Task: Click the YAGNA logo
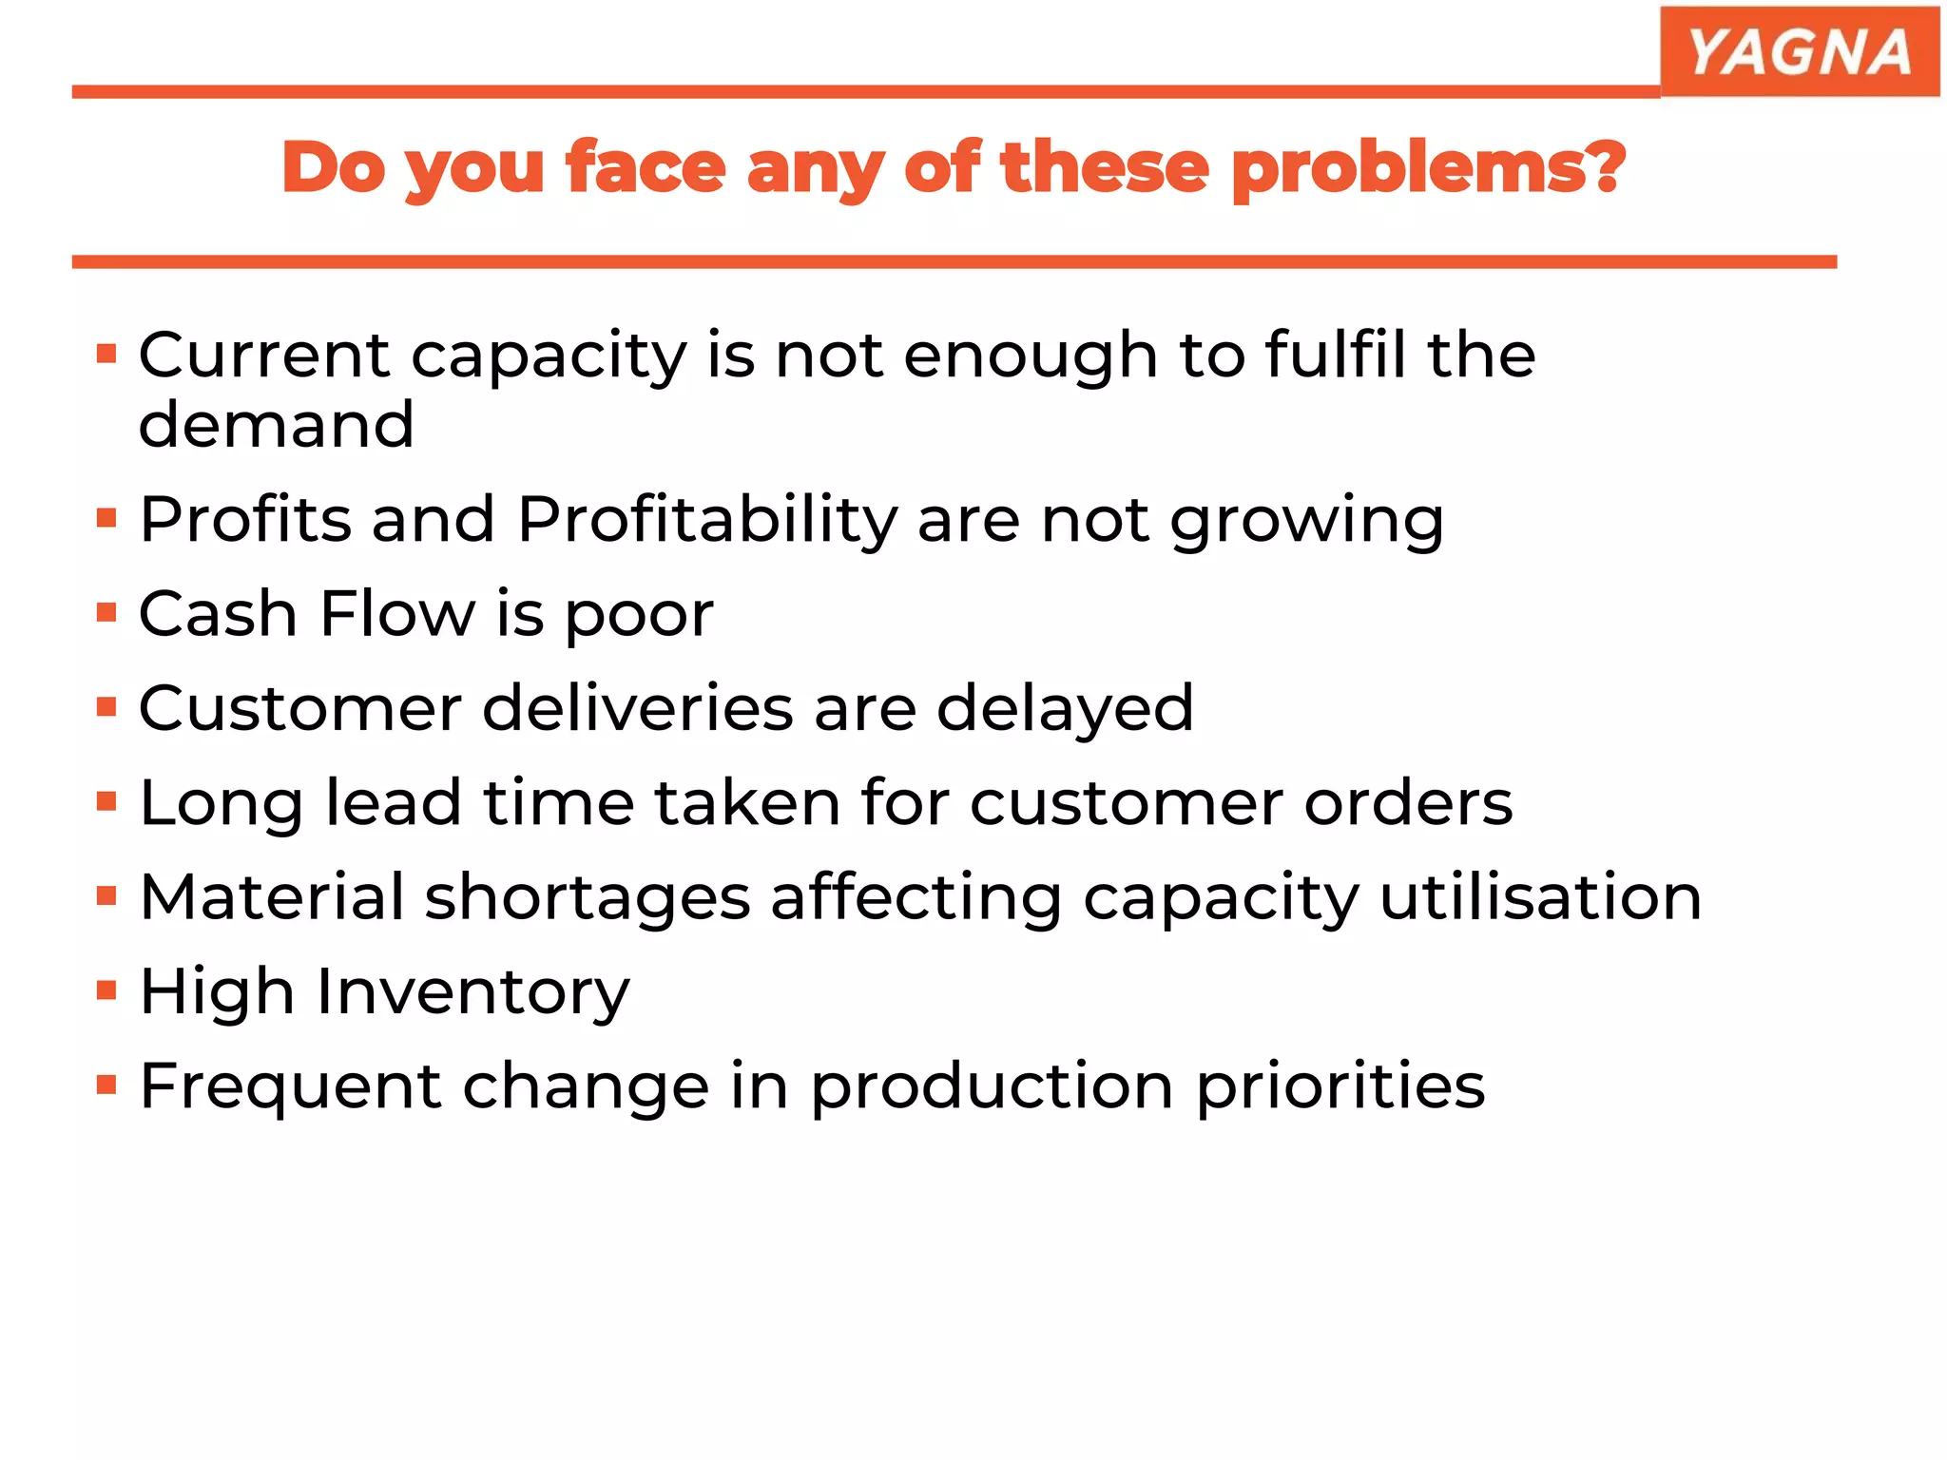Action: (1799, 51)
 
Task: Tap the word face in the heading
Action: (646, 167)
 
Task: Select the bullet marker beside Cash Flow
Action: (106, 612)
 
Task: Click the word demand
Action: (276, 424)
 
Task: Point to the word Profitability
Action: (707, 520)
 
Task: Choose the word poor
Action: (639, 615)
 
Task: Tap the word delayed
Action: (1065, 709)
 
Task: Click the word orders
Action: (1408, 802)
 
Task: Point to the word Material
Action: (272, 896)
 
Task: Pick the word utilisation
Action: (1540, 896)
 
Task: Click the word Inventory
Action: (472, 991)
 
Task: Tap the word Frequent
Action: (291, 1086)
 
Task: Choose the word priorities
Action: (1340, 1086)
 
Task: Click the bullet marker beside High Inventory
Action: (106, 990)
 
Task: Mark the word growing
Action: (1306, 521)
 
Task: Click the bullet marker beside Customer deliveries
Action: (106, 707)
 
